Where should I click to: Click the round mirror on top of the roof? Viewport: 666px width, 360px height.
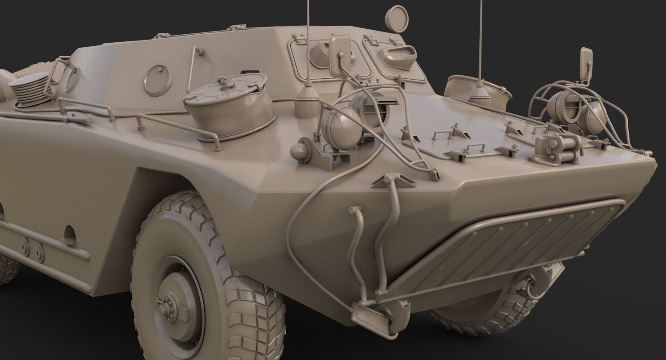(396, 19)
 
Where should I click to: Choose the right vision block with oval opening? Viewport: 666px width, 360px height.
(398, 56)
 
